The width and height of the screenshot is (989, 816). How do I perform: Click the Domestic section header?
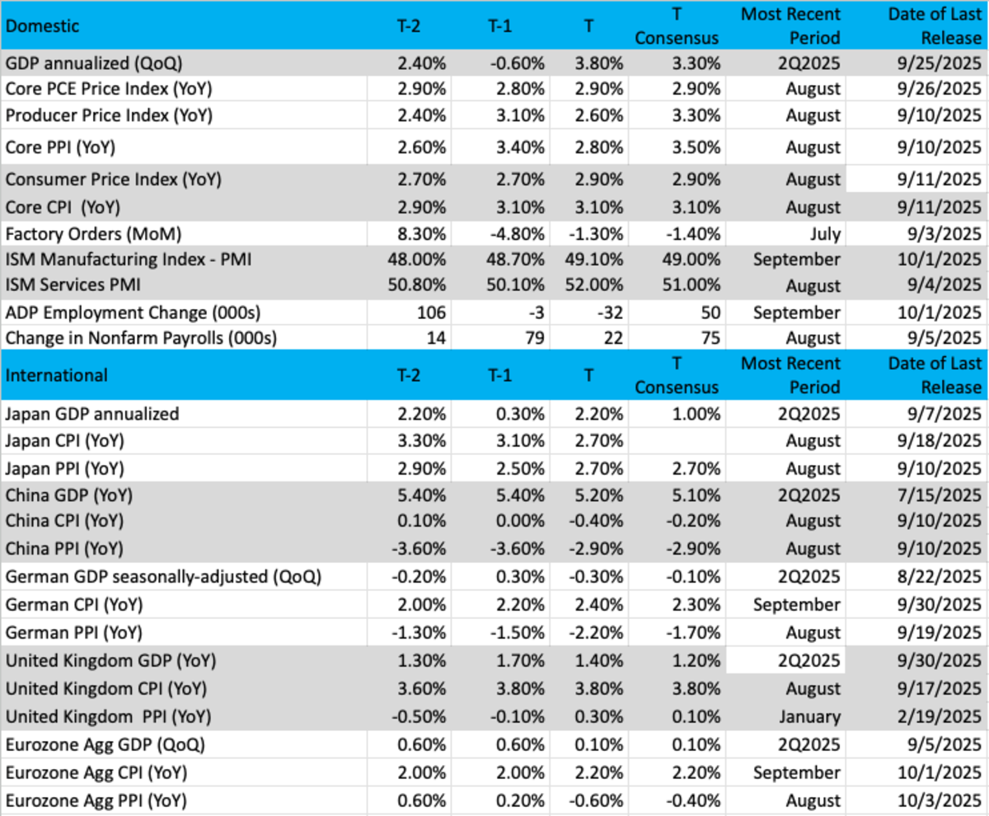42,26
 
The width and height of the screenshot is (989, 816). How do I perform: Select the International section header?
56,375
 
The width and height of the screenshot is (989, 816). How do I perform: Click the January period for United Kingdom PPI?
807,717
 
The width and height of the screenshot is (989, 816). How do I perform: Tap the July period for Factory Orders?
823,233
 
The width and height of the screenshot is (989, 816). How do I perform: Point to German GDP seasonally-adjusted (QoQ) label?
163,577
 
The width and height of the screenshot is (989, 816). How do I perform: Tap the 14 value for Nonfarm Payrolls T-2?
437,338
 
